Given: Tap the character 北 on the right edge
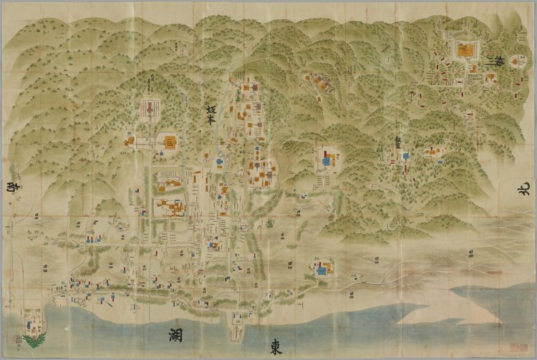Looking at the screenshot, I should (522, 189).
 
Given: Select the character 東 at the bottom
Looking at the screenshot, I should (276, 346).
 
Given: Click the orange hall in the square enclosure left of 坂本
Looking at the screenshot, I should (170, 142).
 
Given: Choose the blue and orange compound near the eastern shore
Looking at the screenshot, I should (323, 270).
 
